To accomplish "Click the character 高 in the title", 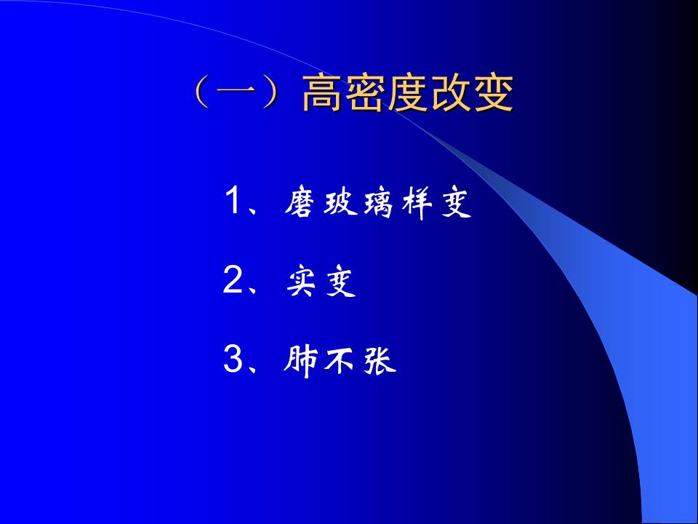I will click(322, 95).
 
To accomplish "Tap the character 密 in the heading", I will click(364, 95).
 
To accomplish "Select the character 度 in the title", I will click(407, 95).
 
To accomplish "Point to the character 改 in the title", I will click(450, 95).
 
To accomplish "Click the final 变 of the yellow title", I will click(493, 95).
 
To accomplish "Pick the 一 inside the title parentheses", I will click(236, 95).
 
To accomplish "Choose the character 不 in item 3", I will click(340, 362).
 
